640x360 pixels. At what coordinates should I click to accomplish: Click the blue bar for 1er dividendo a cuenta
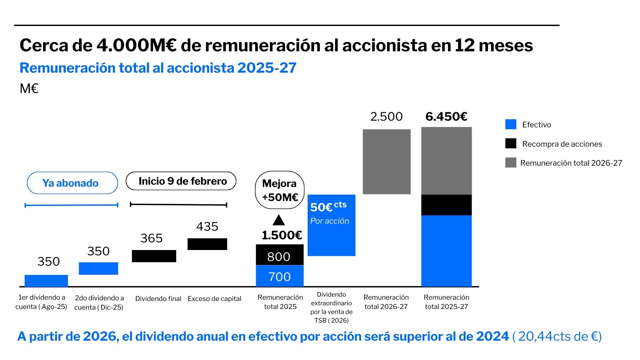click(46, 281)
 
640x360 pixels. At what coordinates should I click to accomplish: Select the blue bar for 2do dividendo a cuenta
click(98, 268)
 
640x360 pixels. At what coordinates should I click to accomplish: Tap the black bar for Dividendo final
click(154, 256)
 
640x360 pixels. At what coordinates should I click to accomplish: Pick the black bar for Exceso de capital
click(207, 244)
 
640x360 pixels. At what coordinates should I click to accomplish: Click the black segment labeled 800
click(280, 255)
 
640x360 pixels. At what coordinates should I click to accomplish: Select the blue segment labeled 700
click(280, 276)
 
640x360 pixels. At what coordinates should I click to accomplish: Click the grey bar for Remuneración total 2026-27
click(387, 162)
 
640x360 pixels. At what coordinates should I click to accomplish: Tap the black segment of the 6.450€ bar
click(446, 205)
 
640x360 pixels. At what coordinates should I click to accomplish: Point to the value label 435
click(207, 227)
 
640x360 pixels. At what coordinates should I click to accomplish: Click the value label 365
click(152, 238)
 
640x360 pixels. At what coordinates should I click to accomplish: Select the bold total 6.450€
click(446, 117)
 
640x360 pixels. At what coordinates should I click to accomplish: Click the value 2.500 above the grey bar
click(387, 117)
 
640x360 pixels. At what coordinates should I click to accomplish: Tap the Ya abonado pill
click(72, 183)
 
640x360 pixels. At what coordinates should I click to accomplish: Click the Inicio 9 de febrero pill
click(181, 181)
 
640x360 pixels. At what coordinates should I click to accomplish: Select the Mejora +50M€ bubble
click(280, 190)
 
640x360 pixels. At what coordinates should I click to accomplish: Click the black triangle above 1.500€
click(279, 220)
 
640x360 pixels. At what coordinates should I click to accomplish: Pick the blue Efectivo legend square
click(511, 124)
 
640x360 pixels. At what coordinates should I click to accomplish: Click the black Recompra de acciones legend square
click(511, 144)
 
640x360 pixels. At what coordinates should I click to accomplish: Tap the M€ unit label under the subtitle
click(29, 89)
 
